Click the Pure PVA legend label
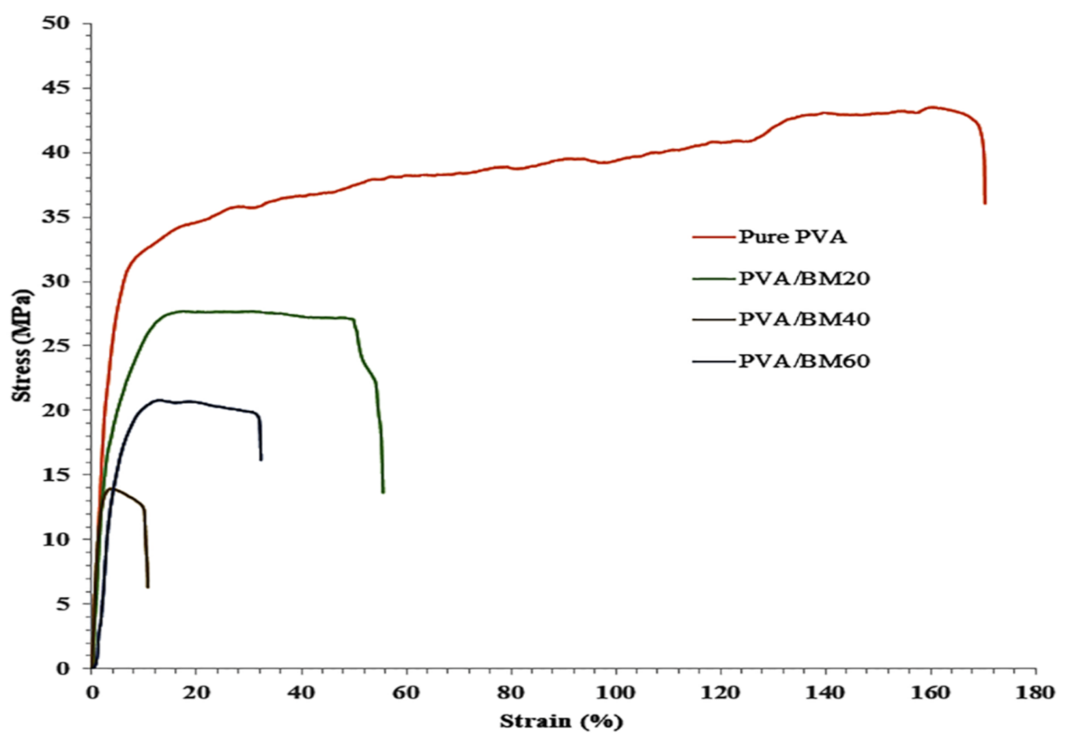pyautogui.click(x=792, y=237)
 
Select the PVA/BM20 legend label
pyautogui.click(x=804, y=278)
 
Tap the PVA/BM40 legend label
pyautogui.click(x=804, y=319)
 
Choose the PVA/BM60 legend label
pyautogui.click(x=804, y=361)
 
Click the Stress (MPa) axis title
pyautogui.click(x=23, y=346)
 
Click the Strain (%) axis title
pyautogui.click(x=561, y=721)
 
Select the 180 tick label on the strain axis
pyautogui.click(x=1035, y=693)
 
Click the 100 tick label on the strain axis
pyautogui.click(x=616, y=693)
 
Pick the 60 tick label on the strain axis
pyautogui.click(x=406, y=693)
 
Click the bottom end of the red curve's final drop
pyautogui.click(x=985, y=203)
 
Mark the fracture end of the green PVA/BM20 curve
pyautogui.click(x=383, y=492)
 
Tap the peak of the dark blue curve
pyautogui.click(x=158, y=400)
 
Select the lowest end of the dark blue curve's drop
pyautogui.click(x=261, y=460)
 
